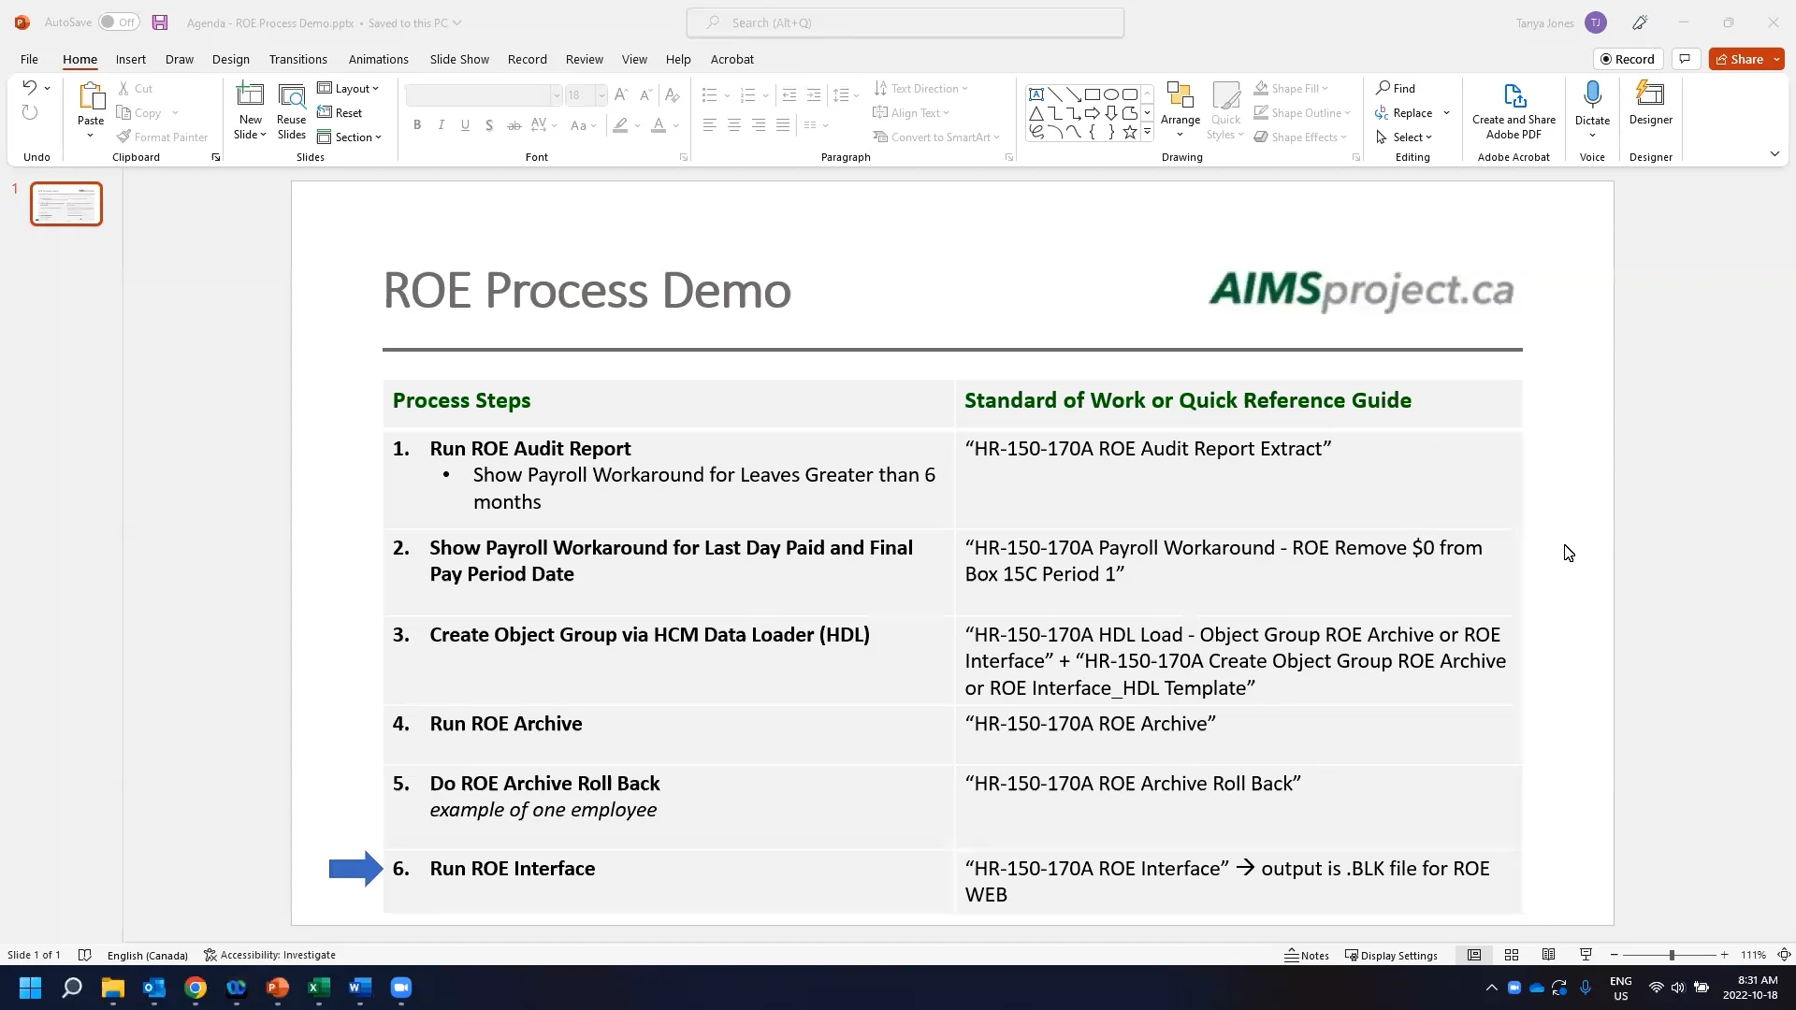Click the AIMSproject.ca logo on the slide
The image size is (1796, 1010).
pos(1361,291)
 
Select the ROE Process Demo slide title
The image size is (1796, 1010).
pos(587,291)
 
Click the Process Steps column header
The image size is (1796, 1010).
pos(461,401)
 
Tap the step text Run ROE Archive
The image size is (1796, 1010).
pos(505,724)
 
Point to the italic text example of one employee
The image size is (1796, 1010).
pos(543,810)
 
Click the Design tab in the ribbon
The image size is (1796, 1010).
pos(230,59)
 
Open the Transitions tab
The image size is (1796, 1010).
pos(297,59)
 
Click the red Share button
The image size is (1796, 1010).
pos(1739,59)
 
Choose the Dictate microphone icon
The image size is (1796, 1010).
pos(1592,95)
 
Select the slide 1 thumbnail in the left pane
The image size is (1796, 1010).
pos(66,204)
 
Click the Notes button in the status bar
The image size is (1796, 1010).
pos(1307,955)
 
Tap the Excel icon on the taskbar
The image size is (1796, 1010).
pos(319,988)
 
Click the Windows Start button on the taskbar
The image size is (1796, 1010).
pos(30,988)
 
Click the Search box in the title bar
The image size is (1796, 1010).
pos(905,22)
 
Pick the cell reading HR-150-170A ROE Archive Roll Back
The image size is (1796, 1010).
pos(1133,784)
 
